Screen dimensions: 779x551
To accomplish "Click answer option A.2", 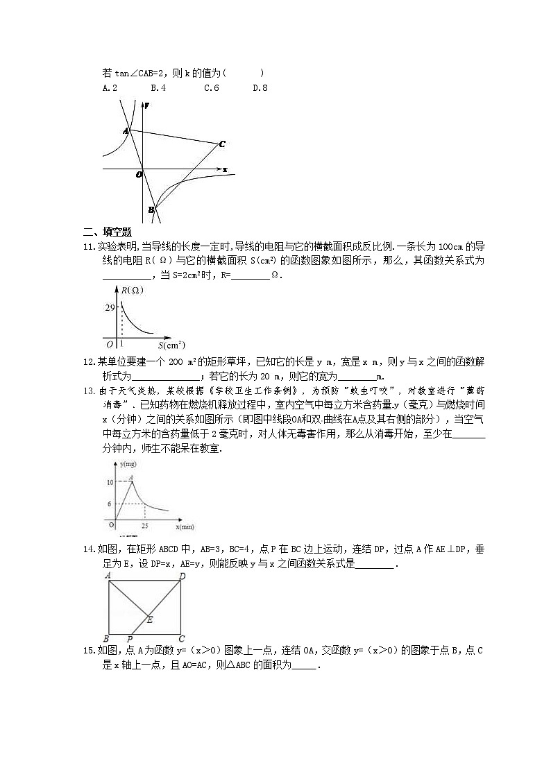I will [x=110, y=88].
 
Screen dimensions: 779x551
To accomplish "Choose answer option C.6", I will [x=212, y=88].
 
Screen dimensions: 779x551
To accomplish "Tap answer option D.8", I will [x=260, y=88].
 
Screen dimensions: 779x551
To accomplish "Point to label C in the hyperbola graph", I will [x=221, y=144].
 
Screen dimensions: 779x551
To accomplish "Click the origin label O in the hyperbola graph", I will [x=139, y=175].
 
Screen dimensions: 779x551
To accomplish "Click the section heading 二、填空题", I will [x=108, y=232].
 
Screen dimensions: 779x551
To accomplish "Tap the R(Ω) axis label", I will [x=132, y=291].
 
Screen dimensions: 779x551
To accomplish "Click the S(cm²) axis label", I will [x=171, y=344].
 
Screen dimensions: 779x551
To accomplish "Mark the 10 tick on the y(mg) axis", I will [x=110, y=481].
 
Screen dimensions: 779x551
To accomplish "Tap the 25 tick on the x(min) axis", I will [x=144, y=527].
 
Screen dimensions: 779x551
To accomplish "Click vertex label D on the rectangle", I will [x=182, y=576].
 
